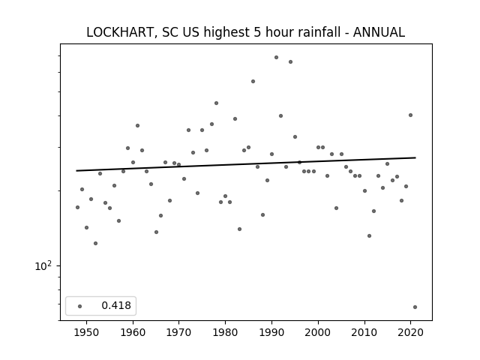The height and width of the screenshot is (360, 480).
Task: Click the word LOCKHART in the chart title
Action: (x=119, y=32)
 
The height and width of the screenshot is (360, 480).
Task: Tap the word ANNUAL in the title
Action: (x=379, y=32)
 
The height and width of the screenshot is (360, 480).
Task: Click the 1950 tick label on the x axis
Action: (x=87, y=332)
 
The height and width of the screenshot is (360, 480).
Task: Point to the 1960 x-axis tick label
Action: (x=133, y=332)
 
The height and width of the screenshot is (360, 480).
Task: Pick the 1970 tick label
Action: (x=178, y=332)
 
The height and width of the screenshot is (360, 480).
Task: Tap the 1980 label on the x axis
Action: (x=225, y=332)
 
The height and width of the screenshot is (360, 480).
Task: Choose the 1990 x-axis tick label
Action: (x=271, y=332)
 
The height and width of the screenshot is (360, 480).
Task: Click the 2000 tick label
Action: (x=318, y=332)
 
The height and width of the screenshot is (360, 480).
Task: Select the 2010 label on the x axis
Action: (x=364, y=332)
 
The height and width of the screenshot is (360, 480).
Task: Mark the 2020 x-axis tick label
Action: (x=410, y=332)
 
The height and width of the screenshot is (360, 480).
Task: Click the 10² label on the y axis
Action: (x=43, y=265)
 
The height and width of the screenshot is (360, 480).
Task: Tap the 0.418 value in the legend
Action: (x=116, y=305)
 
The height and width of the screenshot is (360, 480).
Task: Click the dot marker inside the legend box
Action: (x=80, y=306)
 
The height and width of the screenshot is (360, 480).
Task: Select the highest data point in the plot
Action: (x=276, y=57)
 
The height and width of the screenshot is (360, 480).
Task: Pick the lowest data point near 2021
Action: (x=415, y=307)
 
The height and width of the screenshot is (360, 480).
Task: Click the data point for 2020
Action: (x=410, y=115)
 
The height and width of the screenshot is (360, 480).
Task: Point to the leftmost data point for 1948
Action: (x=77, y=207)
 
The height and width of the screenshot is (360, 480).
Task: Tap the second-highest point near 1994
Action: (x=290, y=61)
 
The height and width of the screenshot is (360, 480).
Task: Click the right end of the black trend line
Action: (x=415, y=157)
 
